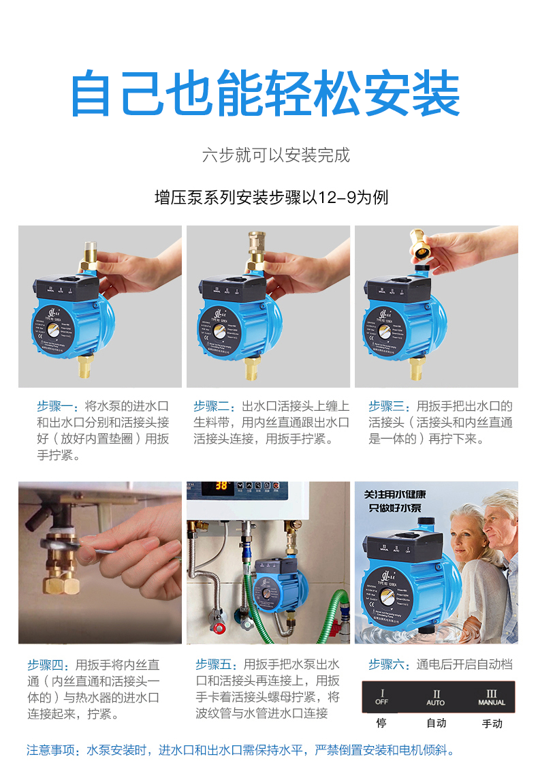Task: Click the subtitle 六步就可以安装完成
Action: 276,155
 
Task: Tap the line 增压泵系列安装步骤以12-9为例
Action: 271,198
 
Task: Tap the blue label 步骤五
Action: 216,664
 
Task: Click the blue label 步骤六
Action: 389,664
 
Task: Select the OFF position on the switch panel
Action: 382,697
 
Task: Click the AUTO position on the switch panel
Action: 436,697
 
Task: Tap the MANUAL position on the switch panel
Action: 492,697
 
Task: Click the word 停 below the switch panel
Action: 381,723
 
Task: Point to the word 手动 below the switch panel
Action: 492,723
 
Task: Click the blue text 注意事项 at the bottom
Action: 52,751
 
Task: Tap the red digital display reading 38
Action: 221,486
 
